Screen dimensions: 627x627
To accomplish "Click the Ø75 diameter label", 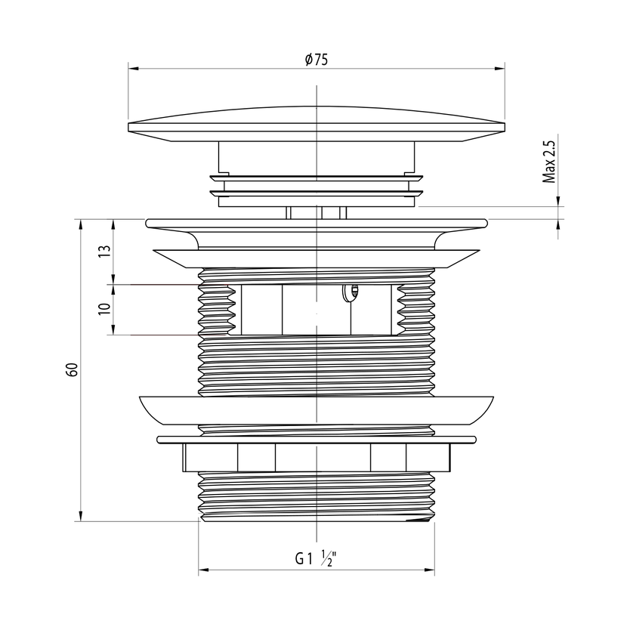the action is [316, 60].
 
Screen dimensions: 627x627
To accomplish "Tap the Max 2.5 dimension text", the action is [549, 162].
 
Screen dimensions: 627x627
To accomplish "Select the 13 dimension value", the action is [104, 251].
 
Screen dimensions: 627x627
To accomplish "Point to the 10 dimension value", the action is [104, 309].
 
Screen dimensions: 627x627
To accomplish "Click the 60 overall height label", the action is [72, 369].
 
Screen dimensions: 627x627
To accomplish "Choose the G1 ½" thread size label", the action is [316, 558].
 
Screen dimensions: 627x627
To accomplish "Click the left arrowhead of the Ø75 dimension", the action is [133, 69].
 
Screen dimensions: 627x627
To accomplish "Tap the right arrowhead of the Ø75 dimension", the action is [500, 69].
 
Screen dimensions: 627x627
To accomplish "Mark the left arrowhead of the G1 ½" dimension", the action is [203, 570].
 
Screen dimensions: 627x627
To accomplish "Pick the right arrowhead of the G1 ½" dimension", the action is [430, 570].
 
